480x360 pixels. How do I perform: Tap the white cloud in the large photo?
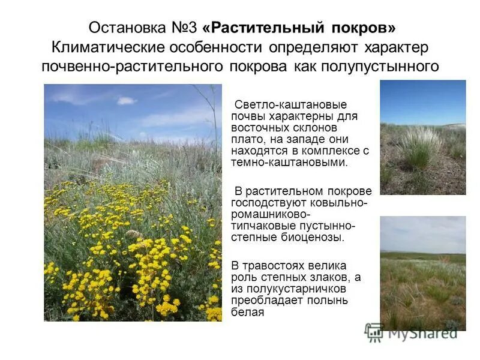[x=127, y=100]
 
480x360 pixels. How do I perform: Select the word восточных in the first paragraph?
[x=258, y=128]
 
